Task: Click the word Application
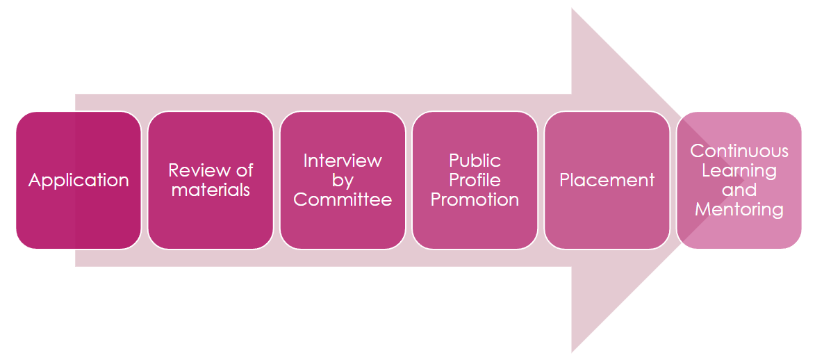click(x=79, y=181)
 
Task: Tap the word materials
click(x=211, y=190)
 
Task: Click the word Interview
click(x=343, y=161)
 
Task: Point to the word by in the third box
click(x=343, y=180)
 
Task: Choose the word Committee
click(x=343, y=199)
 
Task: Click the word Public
click(x=475, y=161)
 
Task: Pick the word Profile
click(x=475, y=180)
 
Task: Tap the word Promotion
click(x=475, y=199)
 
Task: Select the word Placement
click(x=607, y=181)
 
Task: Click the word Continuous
click(x=739, y=151)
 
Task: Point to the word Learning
click(x=739, y=170)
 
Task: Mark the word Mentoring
click(x=739, y=209)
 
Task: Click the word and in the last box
click(x=739, y=190)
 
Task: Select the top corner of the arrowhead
click(x=572, y=10)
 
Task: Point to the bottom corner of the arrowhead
click(x=572, y=350)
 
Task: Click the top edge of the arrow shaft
click(x=320, y=95)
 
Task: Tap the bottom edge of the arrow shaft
click(x=320, y=266)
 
